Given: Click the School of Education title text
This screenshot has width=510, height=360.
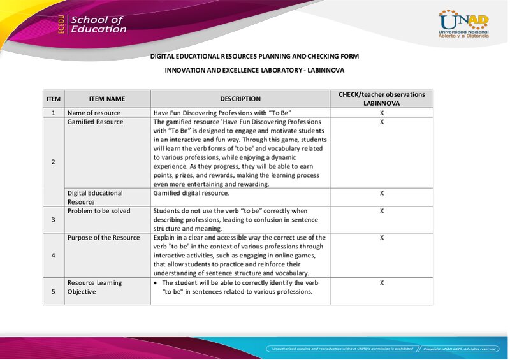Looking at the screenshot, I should pos(98,24).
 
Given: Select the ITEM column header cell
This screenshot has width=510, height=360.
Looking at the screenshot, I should pos(54,99).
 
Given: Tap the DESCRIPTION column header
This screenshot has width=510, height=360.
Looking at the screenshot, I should pos(240,99).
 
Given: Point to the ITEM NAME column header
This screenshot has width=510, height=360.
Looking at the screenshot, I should pos(107,99).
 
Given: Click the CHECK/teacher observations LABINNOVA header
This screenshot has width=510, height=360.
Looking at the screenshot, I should pos(381,99).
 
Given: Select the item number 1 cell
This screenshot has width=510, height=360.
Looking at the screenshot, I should pos(54,113).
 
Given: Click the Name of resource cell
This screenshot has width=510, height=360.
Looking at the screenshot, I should pos(94,113).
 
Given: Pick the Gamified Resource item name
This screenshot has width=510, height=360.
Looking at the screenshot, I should pos(96,122).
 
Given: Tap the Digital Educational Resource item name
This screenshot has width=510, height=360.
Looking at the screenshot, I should pos(95,197).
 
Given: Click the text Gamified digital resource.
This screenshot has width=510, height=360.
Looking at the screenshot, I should pos(191,192).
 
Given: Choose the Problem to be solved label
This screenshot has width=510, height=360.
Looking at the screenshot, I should pos(99,211).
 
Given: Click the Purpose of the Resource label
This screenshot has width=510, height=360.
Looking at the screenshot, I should pos(103,238).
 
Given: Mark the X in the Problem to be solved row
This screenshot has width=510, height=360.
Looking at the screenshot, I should pos(381,210).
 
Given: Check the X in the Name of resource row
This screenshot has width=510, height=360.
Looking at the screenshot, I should pos(381,113).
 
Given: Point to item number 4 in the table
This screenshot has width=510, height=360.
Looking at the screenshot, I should pos(54,255).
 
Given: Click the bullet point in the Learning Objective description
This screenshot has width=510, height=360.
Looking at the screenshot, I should pos(156,282).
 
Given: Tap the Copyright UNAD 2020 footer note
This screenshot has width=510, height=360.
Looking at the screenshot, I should pos(459,349).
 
